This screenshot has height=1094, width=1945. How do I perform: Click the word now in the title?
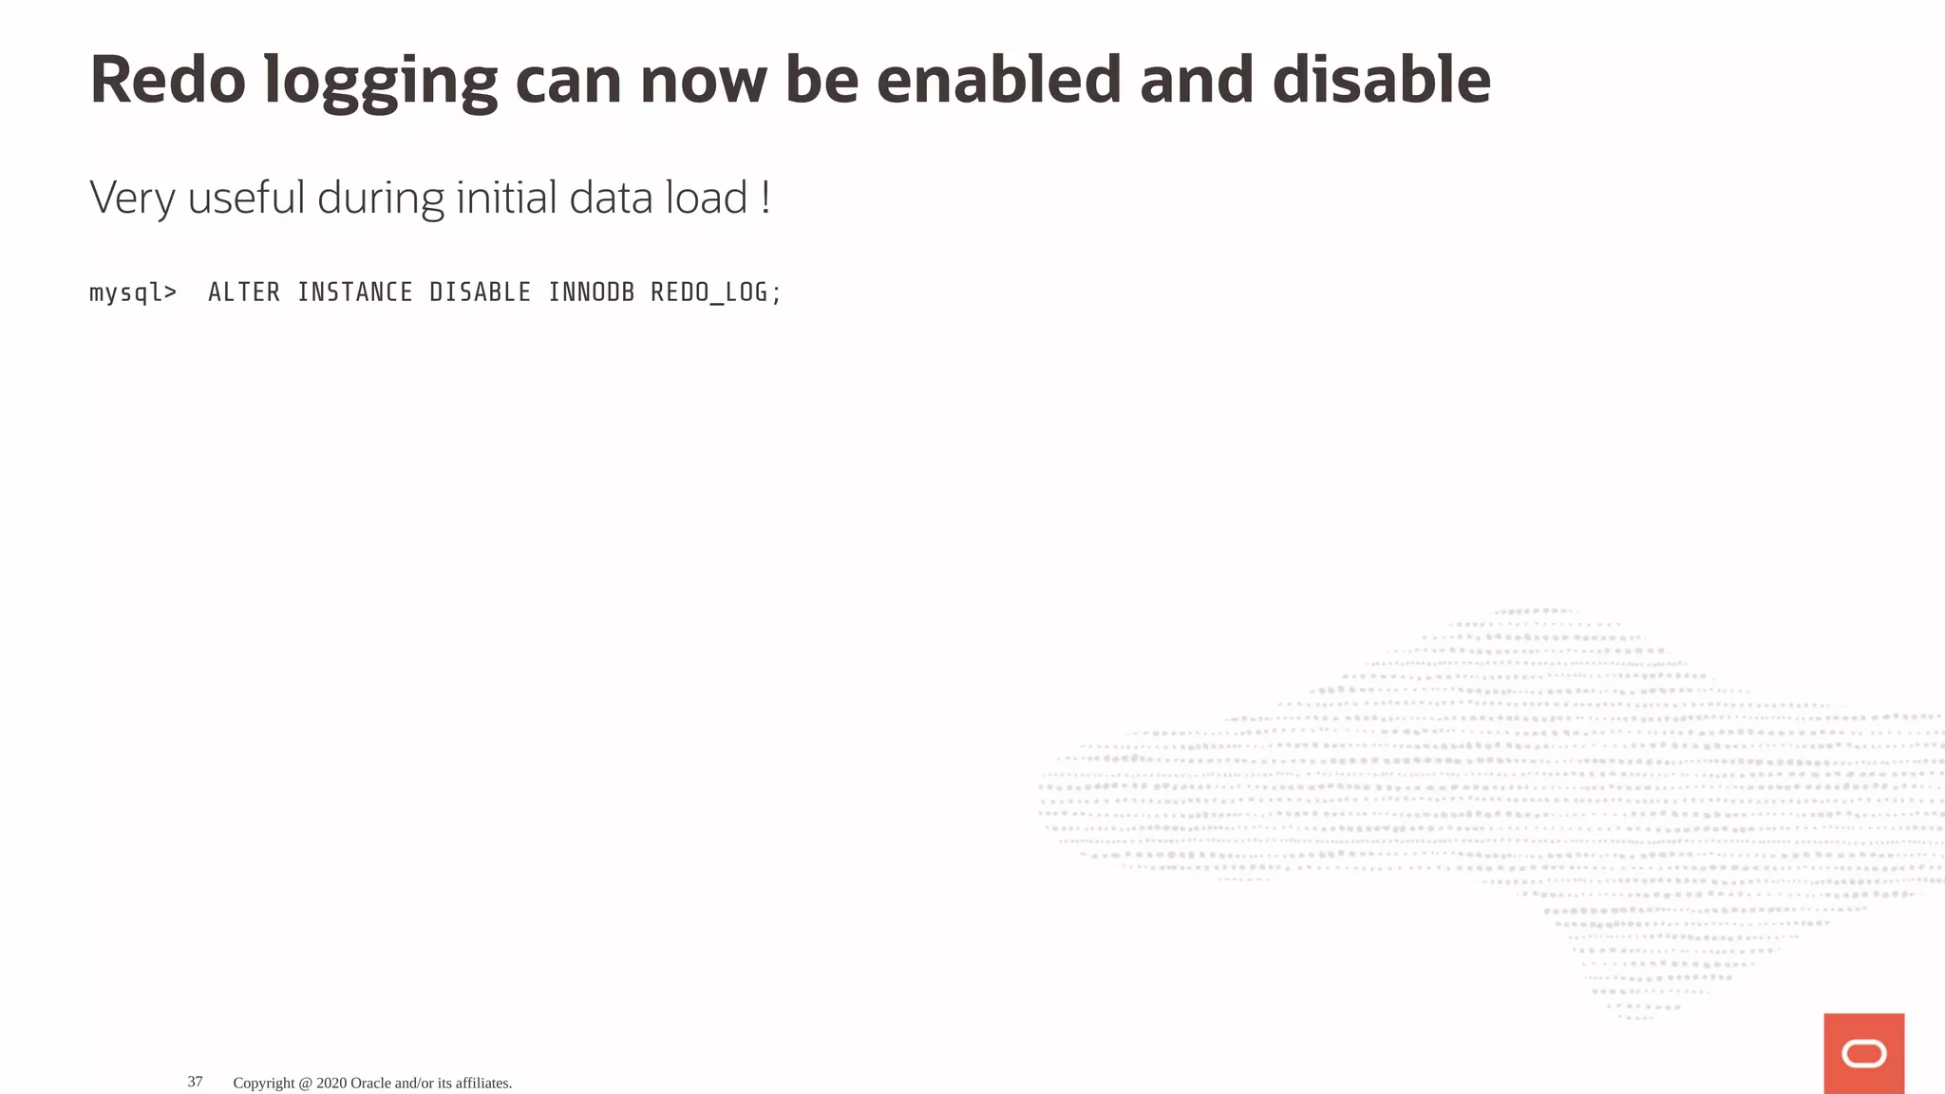coord(704,82)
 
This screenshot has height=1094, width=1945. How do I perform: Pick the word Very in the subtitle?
coord(132,199)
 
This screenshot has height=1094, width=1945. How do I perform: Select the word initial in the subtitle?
coord(506,198)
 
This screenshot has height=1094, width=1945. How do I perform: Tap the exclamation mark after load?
coord(765,198)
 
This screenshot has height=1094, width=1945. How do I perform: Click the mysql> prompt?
coord(133,292)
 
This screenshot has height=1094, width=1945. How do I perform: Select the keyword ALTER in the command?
coord(244,292)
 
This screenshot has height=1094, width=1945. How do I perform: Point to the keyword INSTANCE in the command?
coord(355,292)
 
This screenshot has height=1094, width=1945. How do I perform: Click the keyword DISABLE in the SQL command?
coord(480,292)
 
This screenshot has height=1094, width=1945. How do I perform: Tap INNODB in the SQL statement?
coord(591,292)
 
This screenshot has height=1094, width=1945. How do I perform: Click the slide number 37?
coord(195,1082)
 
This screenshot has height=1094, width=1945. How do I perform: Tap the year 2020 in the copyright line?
coord(331,1083)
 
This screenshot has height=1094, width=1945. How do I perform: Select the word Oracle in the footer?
coord(370,1083)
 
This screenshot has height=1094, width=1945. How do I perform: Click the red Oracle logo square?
coord(1863,1053)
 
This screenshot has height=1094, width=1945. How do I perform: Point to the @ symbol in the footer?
coord(306,1083)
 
